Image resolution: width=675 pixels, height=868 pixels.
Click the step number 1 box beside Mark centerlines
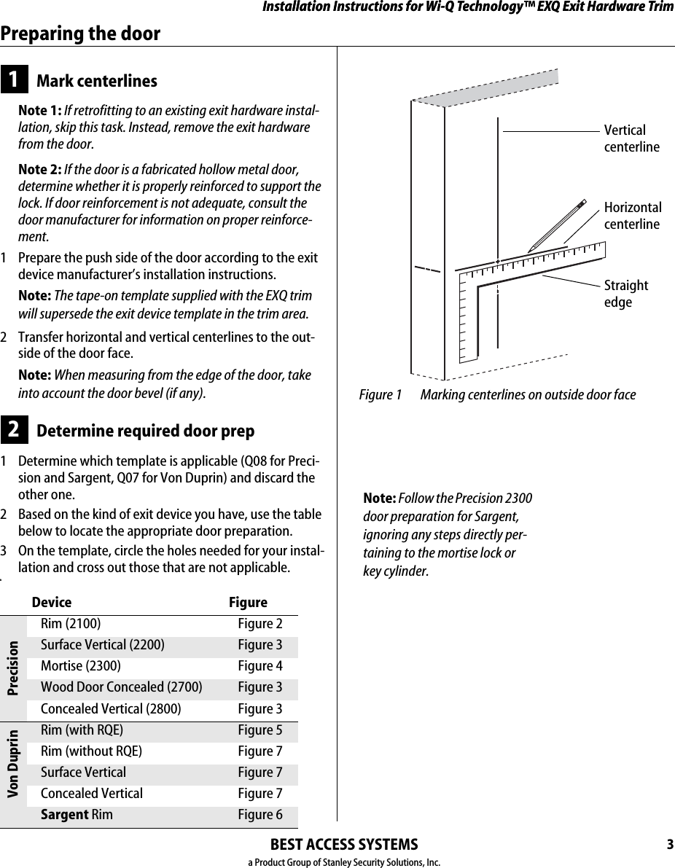[14, 80]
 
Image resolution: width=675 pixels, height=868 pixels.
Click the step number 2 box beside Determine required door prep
[14, 431]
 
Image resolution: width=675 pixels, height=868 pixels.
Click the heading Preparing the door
[80, 34]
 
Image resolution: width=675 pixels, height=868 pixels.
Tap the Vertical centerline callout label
[631, 138]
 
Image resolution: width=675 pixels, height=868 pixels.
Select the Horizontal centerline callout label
[633, 216]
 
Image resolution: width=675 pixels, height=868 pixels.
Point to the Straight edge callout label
[625, 293]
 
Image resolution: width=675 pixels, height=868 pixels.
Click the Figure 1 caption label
[380, 395]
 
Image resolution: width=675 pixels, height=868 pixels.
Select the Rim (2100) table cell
[71, 624]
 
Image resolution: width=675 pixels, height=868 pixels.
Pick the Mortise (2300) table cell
[81, 666]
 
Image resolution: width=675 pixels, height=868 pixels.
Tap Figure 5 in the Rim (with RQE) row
[260, 730]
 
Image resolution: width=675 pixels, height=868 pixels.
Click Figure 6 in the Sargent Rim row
[260, 815]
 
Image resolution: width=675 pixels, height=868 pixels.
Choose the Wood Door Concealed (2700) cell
[121, 687]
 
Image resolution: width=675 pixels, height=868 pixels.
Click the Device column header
[52, 603]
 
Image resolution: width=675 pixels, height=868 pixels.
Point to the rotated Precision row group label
[13, 666]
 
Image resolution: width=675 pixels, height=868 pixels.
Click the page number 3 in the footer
[669, 845]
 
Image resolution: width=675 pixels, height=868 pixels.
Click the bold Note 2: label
[39, 170]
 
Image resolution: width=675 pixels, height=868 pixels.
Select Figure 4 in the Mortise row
[260, 666]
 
